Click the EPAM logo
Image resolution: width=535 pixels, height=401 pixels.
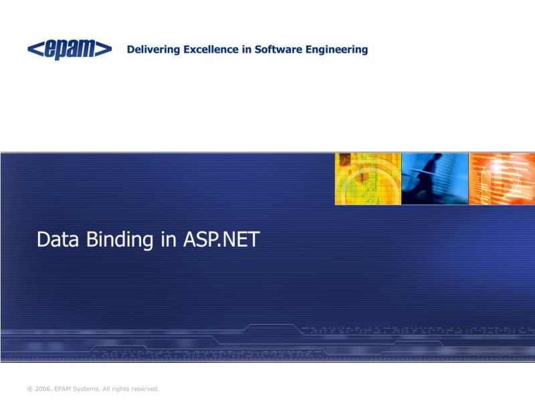(x=70, y=49)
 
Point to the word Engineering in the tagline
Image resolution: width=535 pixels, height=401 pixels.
(x=340, y=50)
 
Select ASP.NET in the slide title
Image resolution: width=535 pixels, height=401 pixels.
(x=221, y=240)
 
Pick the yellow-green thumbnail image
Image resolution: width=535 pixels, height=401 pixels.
(x=368, y=178)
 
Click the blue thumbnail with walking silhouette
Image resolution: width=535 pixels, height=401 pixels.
(x=435, y=178)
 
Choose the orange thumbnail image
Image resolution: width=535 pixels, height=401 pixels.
(x=502, y=178)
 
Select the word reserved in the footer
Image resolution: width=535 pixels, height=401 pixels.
(x=144, y=388)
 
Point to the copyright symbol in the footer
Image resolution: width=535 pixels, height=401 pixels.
(x=29, y=388)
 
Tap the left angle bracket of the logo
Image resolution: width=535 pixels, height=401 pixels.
(x=35, y=49)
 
